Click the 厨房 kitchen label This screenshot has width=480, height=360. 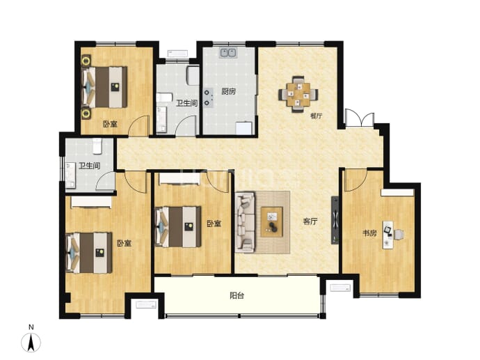coord(228,91)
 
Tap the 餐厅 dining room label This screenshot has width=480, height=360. coord(317,116)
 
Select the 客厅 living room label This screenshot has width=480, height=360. coord(310,221)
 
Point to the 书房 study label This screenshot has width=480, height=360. coord(369,233)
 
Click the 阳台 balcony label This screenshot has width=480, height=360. coord(237,296)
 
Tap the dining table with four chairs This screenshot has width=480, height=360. coord(298,95)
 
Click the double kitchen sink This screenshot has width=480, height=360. coord(228,53)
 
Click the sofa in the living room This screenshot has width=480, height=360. coord(245,222)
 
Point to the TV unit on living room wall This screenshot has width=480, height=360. coord(335,220)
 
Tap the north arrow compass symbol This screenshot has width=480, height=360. coord(31,342)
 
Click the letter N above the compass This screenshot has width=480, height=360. coord(31,327)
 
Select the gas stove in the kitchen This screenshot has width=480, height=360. coord(208,97)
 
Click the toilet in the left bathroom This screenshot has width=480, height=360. coord(97,146)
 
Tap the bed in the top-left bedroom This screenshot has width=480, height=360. coord(104,87)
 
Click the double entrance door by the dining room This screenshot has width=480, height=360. coord(360,118)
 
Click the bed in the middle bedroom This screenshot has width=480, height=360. coord(178,227)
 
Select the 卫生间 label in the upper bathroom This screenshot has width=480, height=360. coord(186,103)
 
